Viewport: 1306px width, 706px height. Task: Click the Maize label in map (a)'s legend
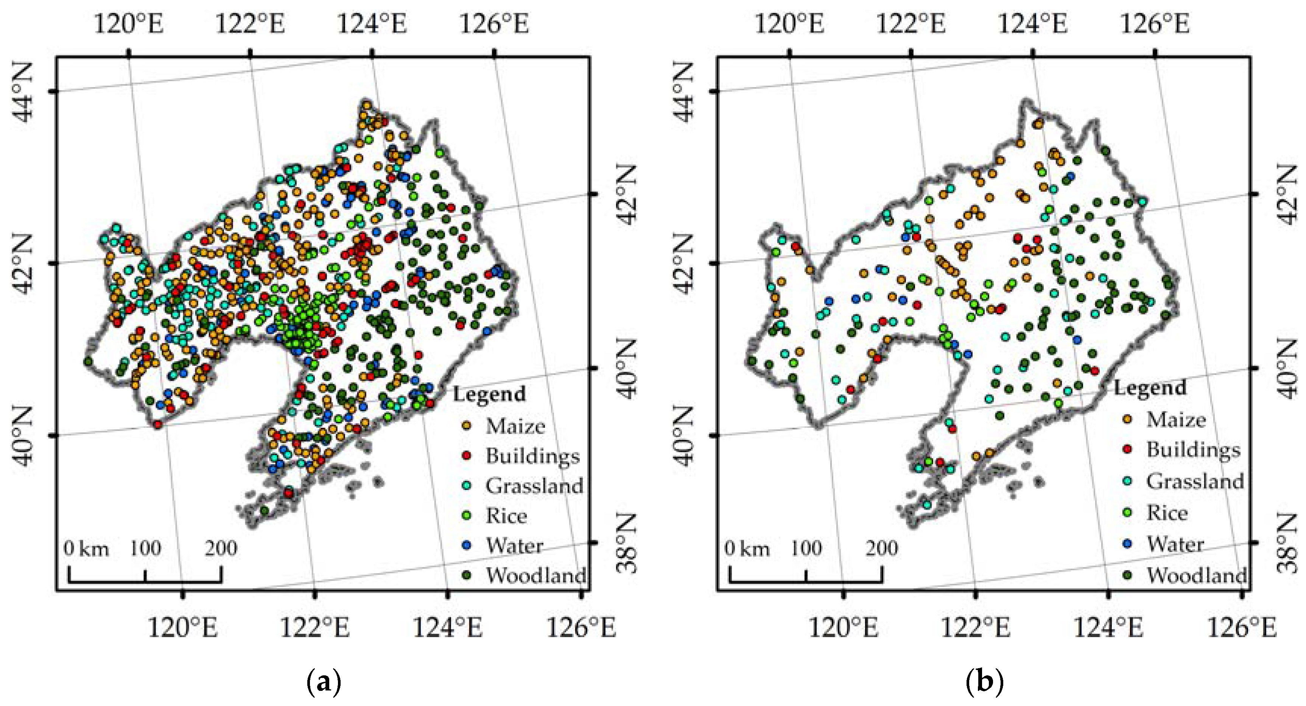point(515,426)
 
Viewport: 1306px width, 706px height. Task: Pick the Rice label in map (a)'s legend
point(506,516)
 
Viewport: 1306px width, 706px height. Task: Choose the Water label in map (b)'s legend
point(1175,544)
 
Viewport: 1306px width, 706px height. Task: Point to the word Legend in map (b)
point(1150,388)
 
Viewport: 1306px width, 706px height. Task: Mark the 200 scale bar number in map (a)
point(221,548)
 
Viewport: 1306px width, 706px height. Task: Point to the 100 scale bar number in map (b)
point(806,548)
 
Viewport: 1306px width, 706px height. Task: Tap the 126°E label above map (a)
point(494,23)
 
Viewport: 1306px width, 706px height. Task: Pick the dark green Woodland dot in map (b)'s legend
point(1127,575)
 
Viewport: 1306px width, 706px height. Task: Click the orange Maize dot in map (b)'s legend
point(1127,419)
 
